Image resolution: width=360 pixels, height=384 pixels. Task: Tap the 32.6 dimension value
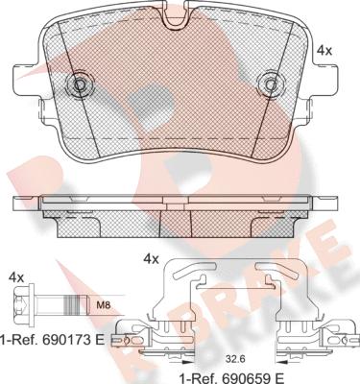231,360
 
